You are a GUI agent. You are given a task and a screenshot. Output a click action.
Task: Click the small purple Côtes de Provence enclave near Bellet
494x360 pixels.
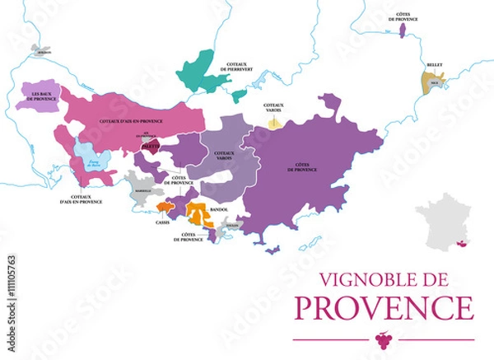pos(402,30)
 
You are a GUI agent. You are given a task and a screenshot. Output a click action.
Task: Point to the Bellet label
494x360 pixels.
pos(433,63)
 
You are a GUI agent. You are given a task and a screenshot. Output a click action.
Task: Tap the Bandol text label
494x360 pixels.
pos(220,210)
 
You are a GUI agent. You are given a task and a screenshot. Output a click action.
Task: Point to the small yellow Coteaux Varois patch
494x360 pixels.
pos(273,121)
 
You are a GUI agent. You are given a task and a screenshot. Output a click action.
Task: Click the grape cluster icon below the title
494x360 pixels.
pos(382,338)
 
